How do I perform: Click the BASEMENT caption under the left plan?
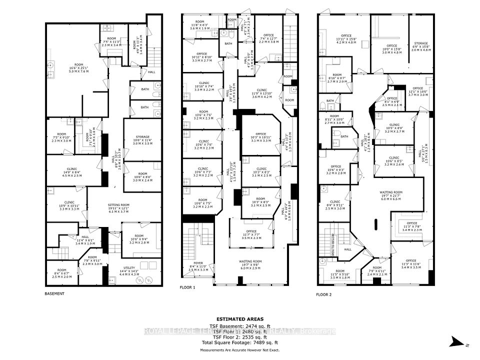pos(54,293)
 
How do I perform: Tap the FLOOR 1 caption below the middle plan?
pos(187,288)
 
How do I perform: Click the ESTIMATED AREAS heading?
pos(239,318)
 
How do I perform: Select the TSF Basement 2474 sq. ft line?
pos(239,325)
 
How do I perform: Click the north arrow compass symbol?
pos(456,343)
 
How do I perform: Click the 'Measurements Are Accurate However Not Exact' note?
pos(239,350)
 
